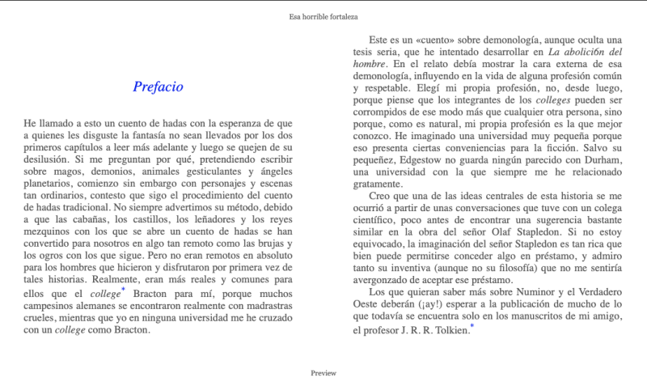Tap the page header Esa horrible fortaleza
click(x=323, y=16)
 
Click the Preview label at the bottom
click(x=323, y=373)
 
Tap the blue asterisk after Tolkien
click(x=472, y=327)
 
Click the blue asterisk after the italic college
click(x=123, y=290)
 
